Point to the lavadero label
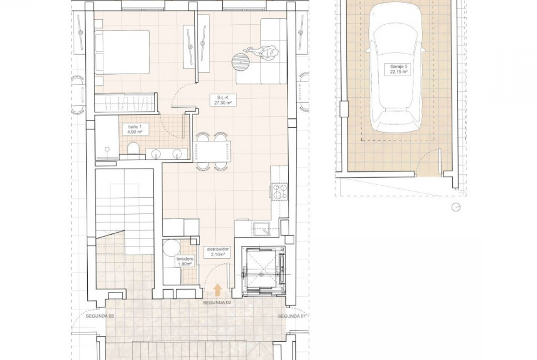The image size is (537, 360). pos(185,259)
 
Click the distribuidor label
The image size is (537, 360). pos(218,249)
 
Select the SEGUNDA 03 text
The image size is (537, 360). pos(100,316)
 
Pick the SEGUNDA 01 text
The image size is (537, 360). pos(291,316)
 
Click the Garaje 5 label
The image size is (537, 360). pos(398,67)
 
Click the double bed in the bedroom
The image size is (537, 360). pos(122,52)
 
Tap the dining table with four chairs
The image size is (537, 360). pos(213,151)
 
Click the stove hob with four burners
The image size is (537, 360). pos(280,191)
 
